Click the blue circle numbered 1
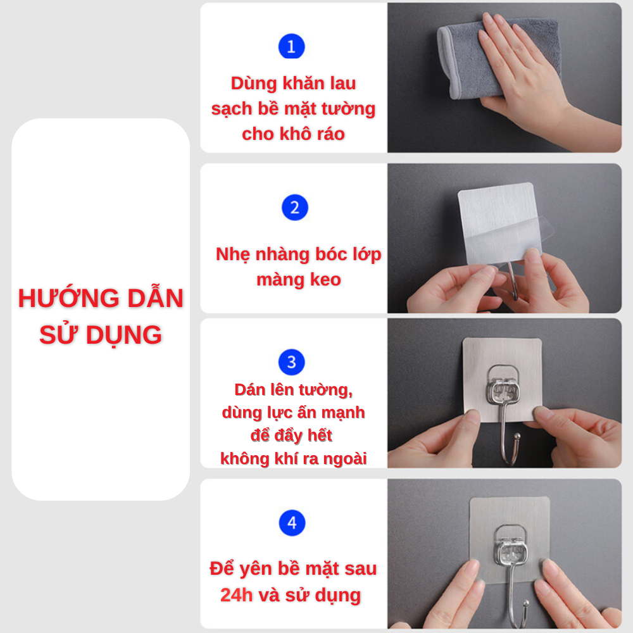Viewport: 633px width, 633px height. (x=291, y=46)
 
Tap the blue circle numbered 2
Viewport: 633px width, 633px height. (x=295, y=208)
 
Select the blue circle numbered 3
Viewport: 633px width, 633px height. (x=291, y=362)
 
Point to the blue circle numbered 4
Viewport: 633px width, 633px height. (x=292, y=523)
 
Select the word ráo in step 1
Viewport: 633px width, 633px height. (x=329, y=134)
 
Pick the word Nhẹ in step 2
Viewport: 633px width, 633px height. (x=233, y=255)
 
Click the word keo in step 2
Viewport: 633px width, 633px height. (x=325, y=279)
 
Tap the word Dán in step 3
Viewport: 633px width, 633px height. (x=250, y=390)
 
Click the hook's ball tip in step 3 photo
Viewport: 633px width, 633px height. (x=517, y=436)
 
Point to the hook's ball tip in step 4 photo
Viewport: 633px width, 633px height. (x=526, y=604)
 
